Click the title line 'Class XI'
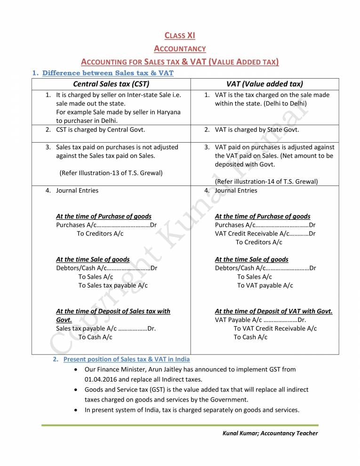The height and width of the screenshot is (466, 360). (x=180, y=35)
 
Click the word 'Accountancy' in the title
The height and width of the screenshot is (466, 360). (x=180, y=48)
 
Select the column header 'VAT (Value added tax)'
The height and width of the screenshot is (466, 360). (x=264, y=84)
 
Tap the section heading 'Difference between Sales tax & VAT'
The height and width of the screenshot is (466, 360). (x=108, y=72)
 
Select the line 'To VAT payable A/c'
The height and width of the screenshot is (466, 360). (x=265, y=285)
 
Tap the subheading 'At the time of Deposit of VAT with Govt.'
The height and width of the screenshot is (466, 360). (x=273, y=311)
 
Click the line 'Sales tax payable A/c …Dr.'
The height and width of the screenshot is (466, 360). (x=106, y=329)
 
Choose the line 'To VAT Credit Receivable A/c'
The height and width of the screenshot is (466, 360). (x=275, y=329)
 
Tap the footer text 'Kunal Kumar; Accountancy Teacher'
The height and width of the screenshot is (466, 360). (x=270, y=433)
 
